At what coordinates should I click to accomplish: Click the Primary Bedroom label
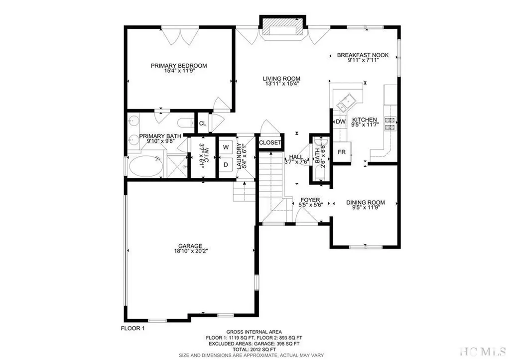point(179,65)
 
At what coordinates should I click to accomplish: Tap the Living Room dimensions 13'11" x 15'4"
point(281,84)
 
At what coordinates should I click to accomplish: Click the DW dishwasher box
point(340,121)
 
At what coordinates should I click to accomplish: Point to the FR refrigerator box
point(342,151)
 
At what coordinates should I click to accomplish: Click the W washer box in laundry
point(226,147)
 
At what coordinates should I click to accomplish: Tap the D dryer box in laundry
point(226,164)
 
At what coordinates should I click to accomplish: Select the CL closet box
point(203,123)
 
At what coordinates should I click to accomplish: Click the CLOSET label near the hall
point(270,143)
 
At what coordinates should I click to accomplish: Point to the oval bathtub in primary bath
point(145,166)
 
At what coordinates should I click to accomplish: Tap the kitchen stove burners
point(389,123)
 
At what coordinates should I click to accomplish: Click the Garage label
point(191,246)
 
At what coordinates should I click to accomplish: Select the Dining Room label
point(366,203)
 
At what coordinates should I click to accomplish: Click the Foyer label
point(309,200)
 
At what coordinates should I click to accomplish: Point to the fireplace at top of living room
point(281,29)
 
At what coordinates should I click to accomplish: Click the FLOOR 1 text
point(133,328)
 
